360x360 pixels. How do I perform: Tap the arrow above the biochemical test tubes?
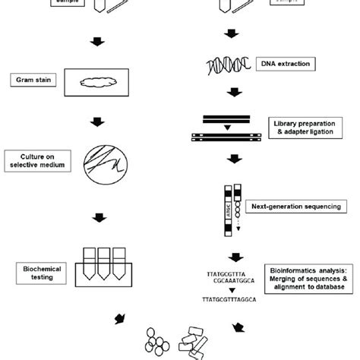point(98,219)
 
